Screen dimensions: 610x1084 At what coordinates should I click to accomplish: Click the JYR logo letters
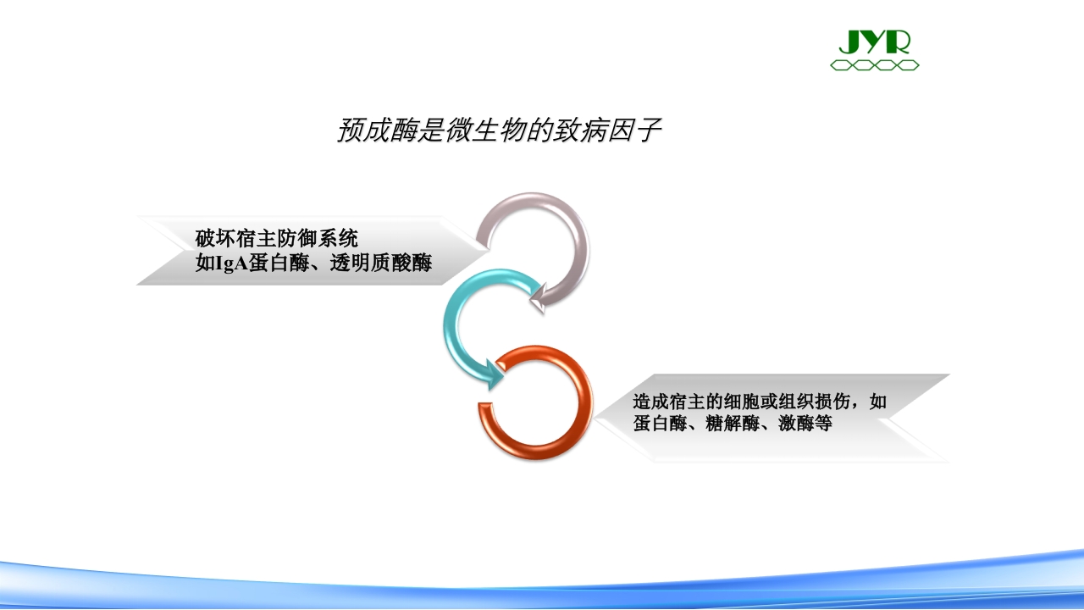(874, 42)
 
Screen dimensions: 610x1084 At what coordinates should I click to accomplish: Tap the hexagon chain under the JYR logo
(874, 65)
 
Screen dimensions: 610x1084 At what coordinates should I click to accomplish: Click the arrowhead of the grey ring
(537, 297)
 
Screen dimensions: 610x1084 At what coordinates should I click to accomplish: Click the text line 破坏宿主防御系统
(276, 238)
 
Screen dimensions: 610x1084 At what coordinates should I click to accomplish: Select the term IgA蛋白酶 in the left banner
(246, 263)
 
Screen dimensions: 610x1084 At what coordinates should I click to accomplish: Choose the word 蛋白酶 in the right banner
(660, 423)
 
